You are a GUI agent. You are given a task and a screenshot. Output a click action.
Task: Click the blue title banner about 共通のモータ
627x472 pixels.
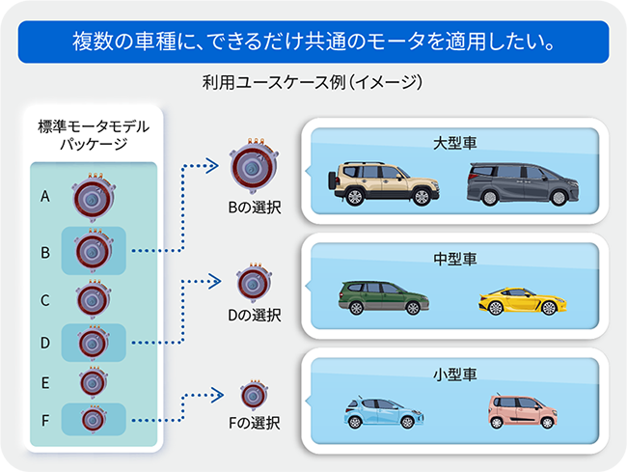pos(313,42)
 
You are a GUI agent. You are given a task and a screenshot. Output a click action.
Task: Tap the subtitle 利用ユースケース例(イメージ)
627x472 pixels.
pos(313,84)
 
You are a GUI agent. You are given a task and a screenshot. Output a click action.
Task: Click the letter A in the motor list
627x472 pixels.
pos(45,196)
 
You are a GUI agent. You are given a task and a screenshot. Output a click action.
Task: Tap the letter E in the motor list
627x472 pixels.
pos(45,381)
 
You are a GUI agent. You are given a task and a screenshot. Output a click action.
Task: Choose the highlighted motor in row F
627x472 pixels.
pos(94,420)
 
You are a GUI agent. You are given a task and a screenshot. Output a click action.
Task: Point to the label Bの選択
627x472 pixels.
pos(254,207)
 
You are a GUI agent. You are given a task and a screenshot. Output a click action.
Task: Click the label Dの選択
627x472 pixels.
pos(254,314)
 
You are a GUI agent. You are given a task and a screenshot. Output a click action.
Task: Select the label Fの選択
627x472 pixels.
pos(254,421)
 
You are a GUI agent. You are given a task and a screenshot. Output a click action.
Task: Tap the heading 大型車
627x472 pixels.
pos(456,143)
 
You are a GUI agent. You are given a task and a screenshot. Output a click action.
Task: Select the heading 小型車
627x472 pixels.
pos(456,375)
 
